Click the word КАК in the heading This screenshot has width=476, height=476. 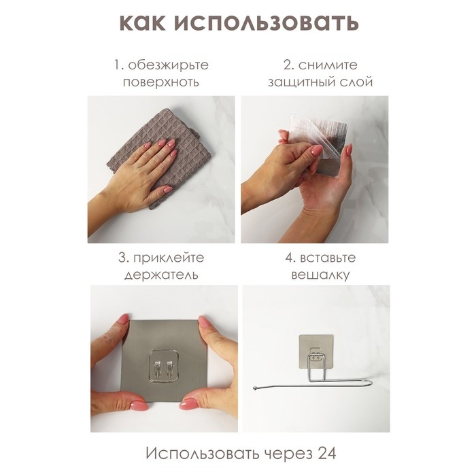click(x=146, y=22)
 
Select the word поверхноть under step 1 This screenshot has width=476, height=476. click(x=161, y=83)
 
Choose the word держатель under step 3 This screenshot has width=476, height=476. click(x=161, y=276)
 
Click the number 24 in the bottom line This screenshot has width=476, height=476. click(x=324, y=453)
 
